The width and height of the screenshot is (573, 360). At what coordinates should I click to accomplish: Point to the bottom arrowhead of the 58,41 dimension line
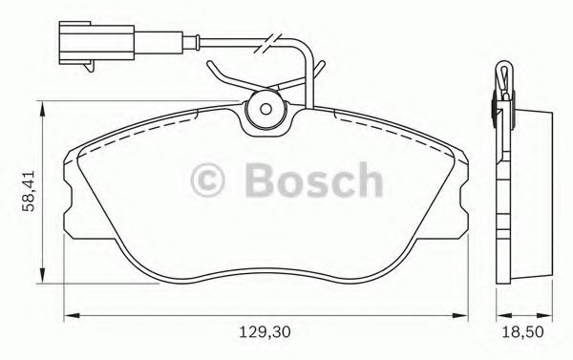click(39, 278)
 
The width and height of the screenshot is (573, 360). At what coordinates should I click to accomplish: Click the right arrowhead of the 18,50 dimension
click(551, 315)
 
